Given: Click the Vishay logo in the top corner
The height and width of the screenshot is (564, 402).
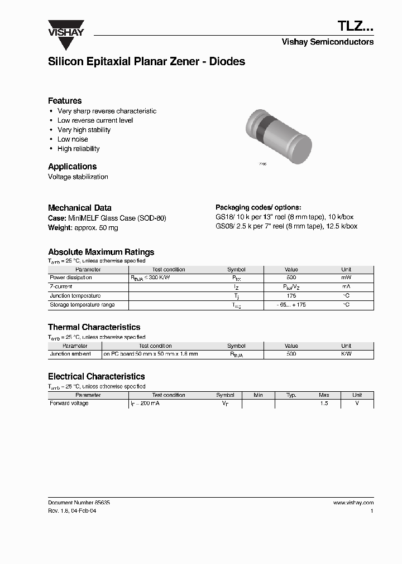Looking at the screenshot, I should point(66,28).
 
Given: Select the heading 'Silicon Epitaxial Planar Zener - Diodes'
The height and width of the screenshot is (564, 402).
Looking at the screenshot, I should point(146,62).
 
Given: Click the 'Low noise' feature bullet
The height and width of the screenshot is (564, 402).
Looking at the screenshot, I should point(73,139).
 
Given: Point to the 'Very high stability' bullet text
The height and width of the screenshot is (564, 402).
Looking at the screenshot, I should point(84,130).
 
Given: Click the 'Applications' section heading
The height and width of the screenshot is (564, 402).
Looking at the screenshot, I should point(72,167).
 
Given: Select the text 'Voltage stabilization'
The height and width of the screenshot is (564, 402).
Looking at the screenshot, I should point(78,177).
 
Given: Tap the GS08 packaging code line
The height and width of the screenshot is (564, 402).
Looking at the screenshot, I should point(286,226).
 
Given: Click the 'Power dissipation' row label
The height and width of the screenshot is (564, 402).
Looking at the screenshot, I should point(71,278).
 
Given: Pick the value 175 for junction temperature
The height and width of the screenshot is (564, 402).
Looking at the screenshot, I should point(291,296).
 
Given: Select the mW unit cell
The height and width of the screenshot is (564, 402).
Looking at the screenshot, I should point(346,278).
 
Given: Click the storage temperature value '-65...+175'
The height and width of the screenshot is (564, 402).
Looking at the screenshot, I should point(291,305).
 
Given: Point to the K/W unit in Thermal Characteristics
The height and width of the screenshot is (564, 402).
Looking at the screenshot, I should point(346,354).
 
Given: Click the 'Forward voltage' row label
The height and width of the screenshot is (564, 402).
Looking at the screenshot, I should point(69,403).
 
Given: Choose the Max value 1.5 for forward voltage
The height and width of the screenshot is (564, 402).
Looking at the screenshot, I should point(324,403).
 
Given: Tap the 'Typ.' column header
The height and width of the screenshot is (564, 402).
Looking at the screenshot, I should point(291,395).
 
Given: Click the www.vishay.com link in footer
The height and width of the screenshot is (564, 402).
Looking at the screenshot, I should point(353,503).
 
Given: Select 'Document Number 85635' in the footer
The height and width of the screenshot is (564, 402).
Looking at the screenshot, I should point(79,503).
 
